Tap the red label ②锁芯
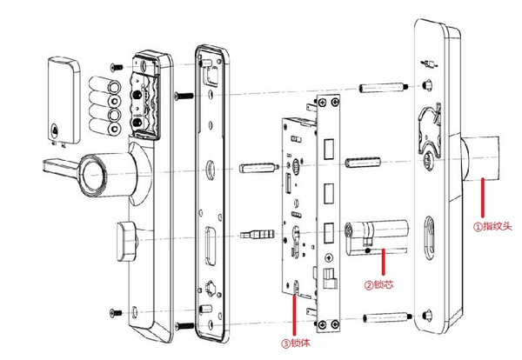[x=380, y=283]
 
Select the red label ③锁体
[x=297, y=342]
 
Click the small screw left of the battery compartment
[x=113, y=66]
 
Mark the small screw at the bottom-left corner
[x=112, y=310]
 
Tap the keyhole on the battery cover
[x=57, y=131]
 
